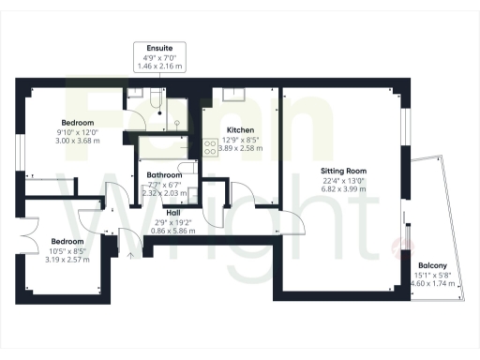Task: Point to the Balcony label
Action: click(x=433, y=265)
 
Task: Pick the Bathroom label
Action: click(x=164, y=175)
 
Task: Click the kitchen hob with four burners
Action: click(x=208, y=147)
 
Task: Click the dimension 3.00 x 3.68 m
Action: click(x=78, y=141)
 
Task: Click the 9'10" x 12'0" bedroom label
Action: click(x=78, y=132)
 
